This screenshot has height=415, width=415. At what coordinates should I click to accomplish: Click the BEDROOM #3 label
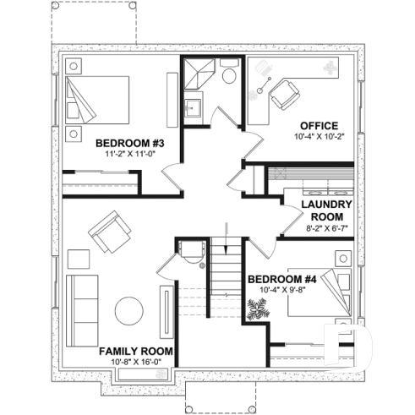(x=128, y=142)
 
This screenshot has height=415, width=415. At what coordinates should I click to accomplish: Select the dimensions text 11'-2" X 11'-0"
(x=128, y=155)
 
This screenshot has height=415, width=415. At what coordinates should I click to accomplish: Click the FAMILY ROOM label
(x=136, y=350)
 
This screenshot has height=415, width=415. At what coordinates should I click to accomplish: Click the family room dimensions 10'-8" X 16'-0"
(x=136, y=362)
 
